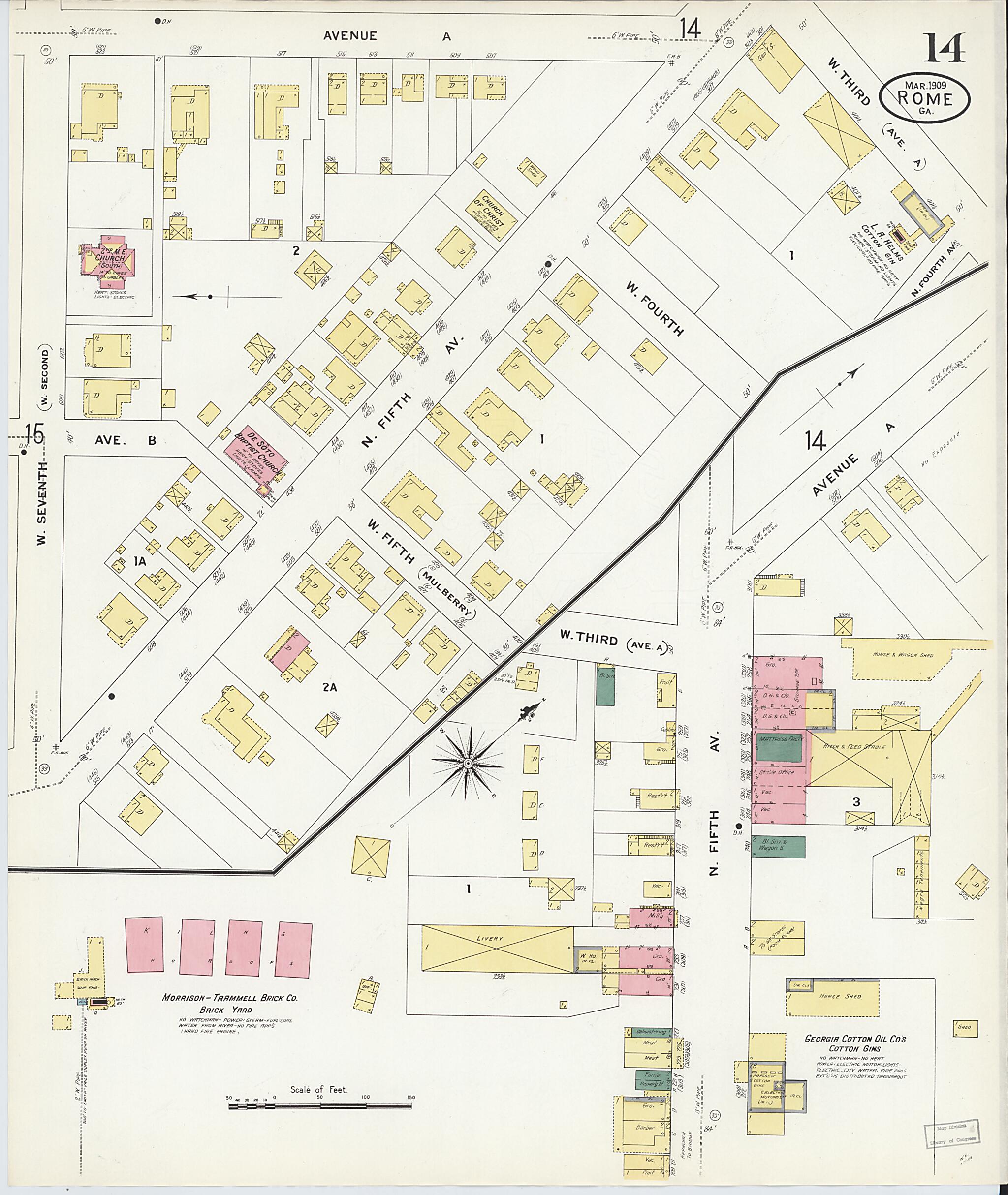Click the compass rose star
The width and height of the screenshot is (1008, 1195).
[x=468, y=763]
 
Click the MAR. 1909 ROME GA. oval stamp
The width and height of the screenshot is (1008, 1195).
[x=924, y=98]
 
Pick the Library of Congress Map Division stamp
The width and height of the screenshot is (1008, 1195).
[x=952, y=1132]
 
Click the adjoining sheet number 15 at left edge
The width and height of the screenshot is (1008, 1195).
[x=35, y=433]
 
